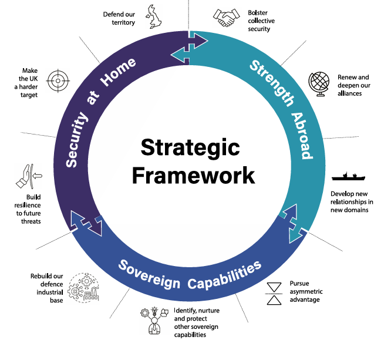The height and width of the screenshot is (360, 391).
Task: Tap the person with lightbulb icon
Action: (153, 320)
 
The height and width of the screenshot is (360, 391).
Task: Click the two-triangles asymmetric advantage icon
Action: (275, 294)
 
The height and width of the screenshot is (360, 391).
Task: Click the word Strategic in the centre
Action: (190, 147)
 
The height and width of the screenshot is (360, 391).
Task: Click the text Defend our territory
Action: (119, 18)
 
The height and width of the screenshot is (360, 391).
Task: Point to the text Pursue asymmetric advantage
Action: (306, 291)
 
